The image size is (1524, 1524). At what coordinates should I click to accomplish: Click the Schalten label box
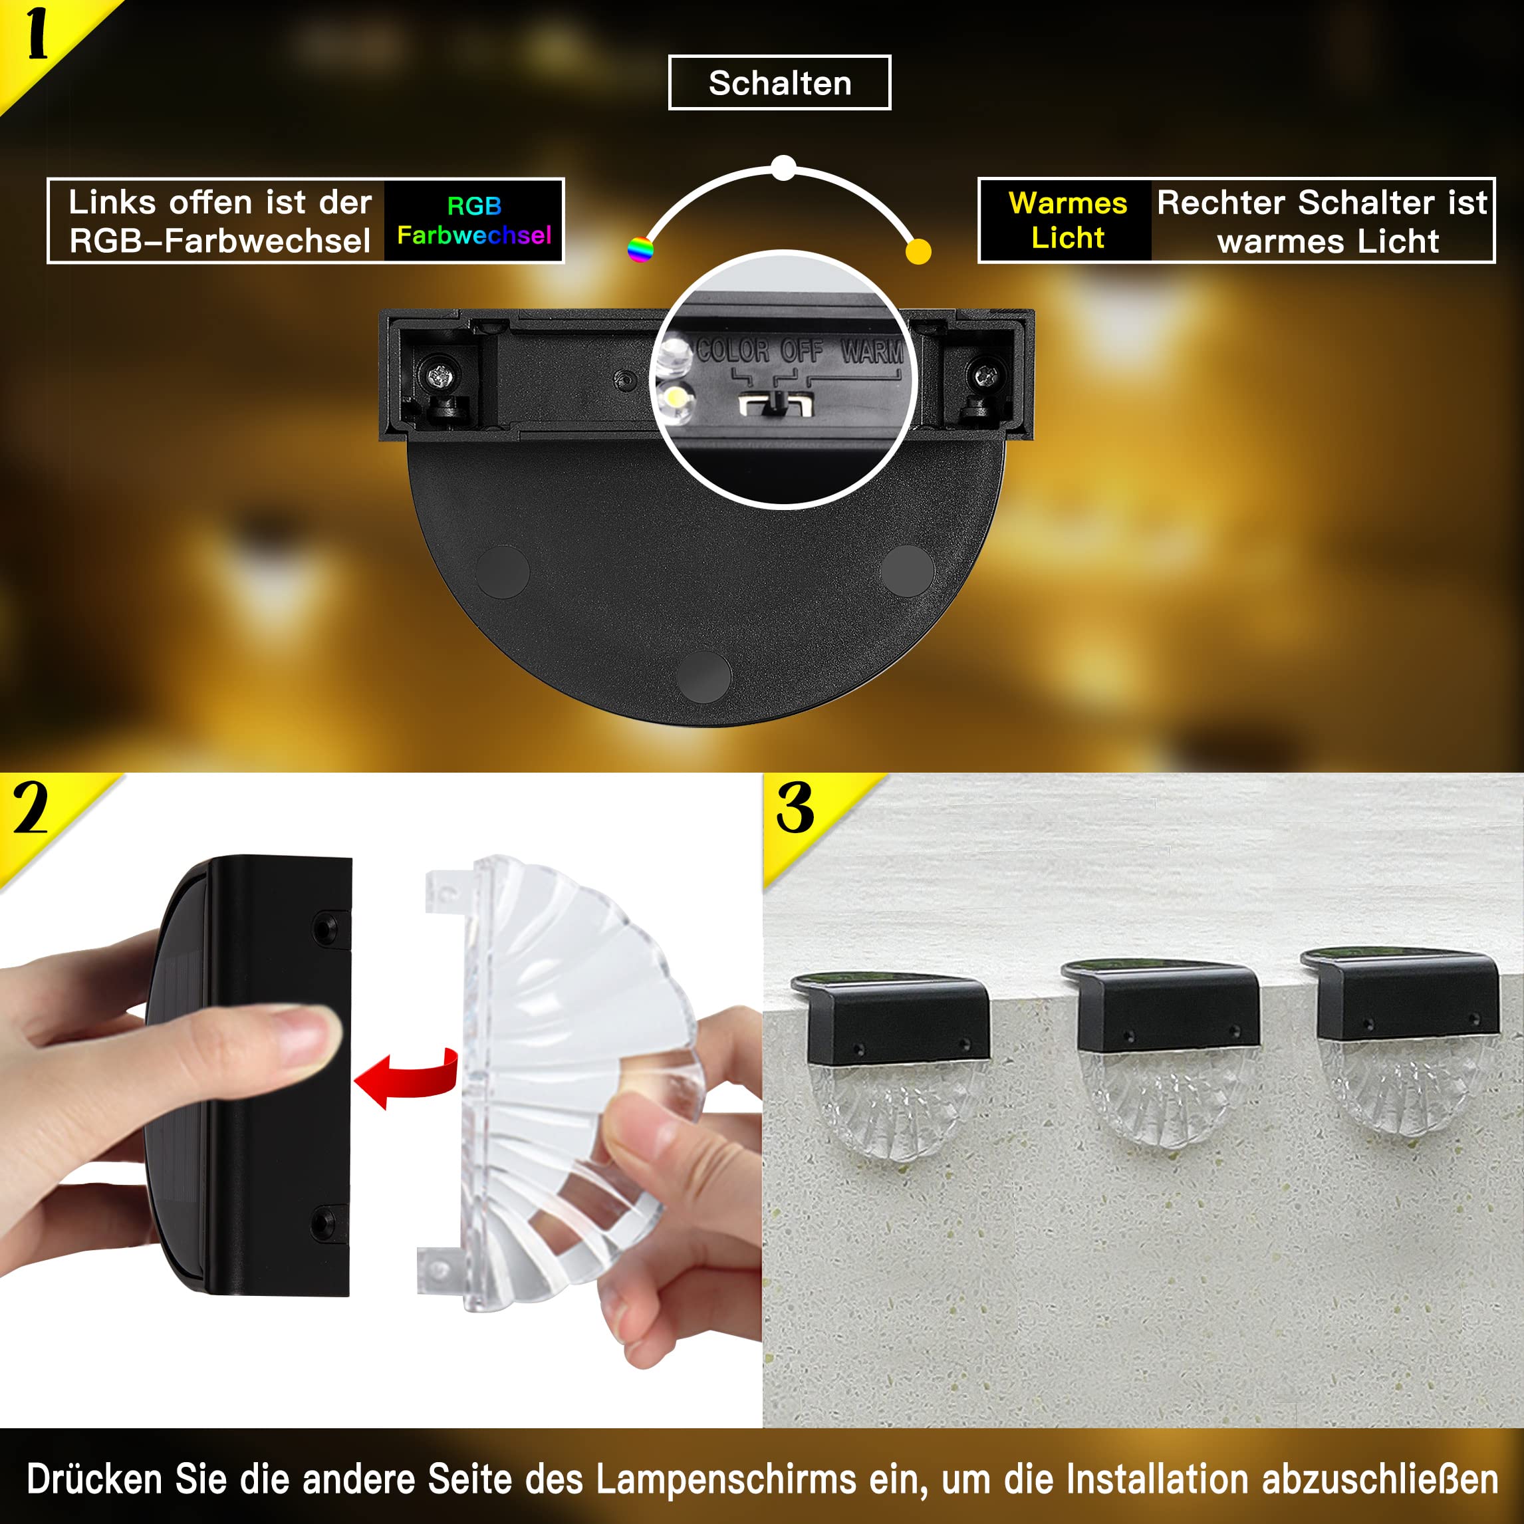tap(779, 83)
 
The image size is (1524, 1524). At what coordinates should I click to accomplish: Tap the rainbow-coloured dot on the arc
tap(640, 249)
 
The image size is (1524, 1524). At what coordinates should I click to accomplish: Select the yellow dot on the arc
tap(918, 251)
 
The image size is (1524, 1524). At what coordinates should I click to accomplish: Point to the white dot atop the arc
tap(783, 168)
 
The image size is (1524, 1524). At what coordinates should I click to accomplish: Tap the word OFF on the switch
tap(801, 350)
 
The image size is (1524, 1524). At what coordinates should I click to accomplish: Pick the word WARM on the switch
tap(872, 351)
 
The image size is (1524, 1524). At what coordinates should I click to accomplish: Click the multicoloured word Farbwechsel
tap(474, 235)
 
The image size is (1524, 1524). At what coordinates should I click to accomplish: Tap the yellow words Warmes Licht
tap(1067, 220)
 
